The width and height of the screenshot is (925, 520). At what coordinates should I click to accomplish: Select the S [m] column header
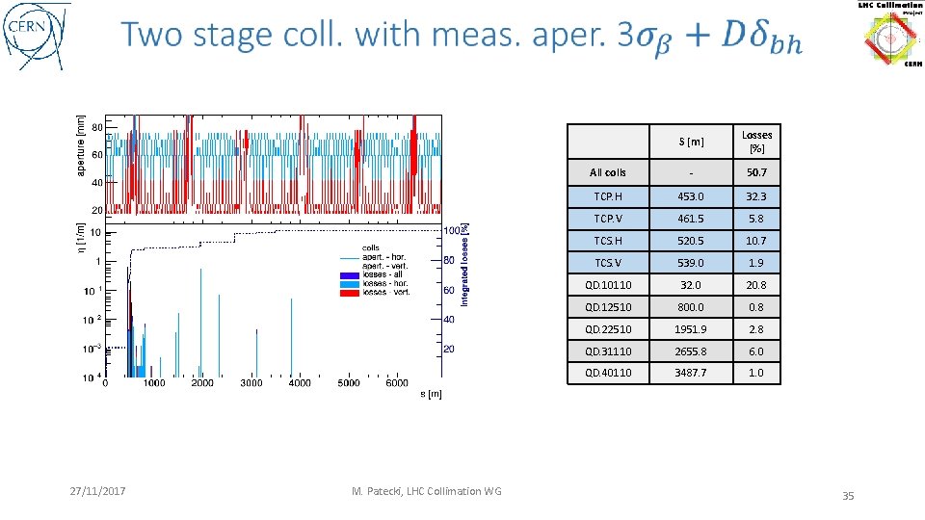[x=690, y=143]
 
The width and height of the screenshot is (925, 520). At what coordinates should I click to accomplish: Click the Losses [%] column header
[x=756, y=142]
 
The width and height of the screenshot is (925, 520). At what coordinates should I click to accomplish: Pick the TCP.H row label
[x=608, y=195]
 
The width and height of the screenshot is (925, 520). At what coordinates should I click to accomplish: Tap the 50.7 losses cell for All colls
[x=756, y=172]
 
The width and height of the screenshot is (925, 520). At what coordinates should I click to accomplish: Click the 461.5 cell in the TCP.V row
[x=690, y=219]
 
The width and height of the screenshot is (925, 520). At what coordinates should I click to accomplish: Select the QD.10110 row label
[x=608, y=285]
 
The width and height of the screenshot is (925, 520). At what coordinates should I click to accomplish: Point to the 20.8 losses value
[x=756, y=285]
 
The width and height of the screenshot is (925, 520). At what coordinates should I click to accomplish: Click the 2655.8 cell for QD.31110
[x=690, y=351]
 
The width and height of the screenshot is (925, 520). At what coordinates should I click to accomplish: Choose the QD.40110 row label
[x=608, y=373]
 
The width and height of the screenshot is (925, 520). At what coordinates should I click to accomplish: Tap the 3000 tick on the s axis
[x=251, y=383]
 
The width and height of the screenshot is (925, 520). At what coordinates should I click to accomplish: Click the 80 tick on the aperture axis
[x=97, y=127]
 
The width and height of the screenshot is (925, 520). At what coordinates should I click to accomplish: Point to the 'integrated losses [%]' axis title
[x=464, y=265]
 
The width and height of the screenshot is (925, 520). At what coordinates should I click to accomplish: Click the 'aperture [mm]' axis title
[x=80, y=144]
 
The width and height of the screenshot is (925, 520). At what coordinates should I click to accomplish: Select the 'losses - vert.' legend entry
[x=385, y=292]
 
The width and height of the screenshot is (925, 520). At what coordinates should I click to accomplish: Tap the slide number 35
[x=848, y=496]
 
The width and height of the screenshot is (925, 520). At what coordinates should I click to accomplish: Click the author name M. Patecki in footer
[x=427, y=491]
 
